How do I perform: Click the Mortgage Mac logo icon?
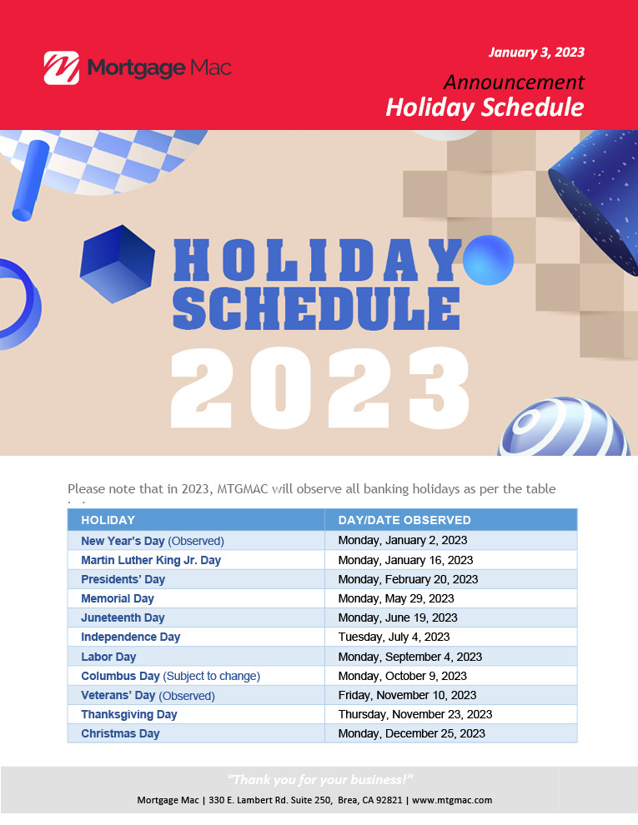click(62, 67)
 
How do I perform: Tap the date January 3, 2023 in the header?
click(536, 52)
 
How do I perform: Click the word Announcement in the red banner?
click(514, 82)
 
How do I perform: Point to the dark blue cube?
click(118, 263)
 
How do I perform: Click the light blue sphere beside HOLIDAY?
click(489, 260)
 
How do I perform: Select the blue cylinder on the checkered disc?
click(31, 181)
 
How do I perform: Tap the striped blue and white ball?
click(564, 427)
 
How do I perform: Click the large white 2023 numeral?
click(320, 387)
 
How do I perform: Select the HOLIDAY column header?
click(108, 520)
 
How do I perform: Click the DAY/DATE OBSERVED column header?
click(404, 520)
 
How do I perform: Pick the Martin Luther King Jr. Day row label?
click(151, 560)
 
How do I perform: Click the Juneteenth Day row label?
click(123, 617)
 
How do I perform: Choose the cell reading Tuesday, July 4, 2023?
click(394, 637)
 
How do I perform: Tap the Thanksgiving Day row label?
click(129, 714)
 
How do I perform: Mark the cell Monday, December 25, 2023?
click(412, 733)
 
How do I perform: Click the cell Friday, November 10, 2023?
click(408, 695)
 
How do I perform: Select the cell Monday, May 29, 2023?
click(396, 598)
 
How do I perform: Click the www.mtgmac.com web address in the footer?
click(452, 800)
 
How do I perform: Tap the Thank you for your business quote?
click(320, 779)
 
